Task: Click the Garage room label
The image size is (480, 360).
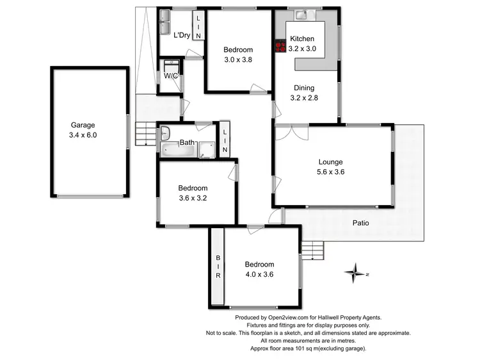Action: click(x=83, y=126)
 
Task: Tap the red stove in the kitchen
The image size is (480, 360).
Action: click(x=280, y=46)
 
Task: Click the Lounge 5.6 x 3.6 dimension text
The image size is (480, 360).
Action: click(x=331, y=172)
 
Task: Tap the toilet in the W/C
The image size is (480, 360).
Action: click(x=171, y=67)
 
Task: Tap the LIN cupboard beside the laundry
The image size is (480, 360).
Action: click(x=198, y=27)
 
